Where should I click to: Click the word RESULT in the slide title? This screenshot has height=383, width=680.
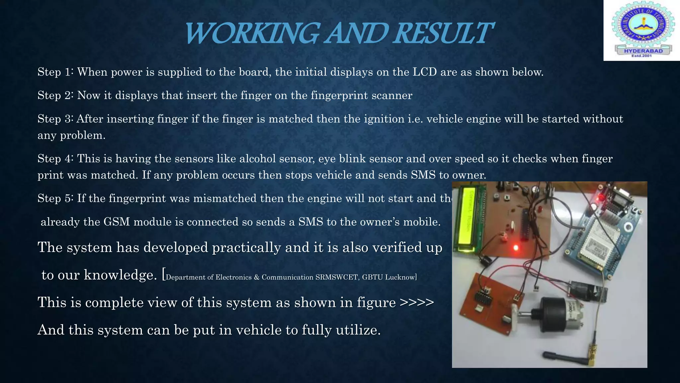pos(443,33)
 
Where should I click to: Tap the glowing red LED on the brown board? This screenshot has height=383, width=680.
pos(516,247)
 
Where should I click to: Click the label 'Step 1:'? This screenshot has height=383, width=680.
pos(56,72)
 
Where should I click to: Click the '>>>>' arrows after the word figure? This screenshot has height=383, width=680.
pos(417,303)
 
